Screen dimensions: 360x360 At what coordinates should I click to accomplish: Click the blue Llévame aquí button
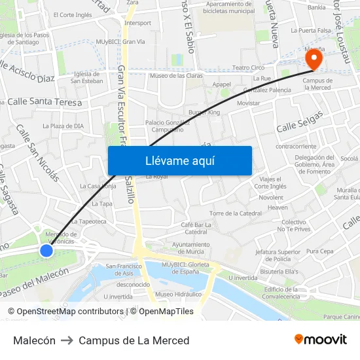point(179,160)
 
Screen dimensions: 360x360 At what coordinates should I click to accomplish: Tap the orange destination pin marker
point(314,60)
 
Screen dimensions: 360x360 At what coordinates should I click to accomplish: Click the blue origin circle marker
point(46,250)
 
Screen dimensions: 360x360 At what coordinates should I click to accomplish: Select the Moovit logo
point(320,340)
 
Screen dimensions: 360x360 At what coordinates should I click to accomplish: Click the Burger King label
point(205,113)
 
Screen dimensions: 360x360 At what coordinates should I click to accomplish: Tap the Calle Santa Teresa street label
point(45,102)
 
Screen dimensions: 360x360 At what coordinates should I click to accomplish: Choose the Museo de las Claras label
point(174,76)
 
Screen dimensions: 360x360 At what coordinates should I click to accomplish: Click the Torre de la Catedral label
point(236,213)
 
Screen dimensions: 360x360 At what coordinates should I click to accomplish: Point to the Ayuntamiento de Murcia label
point(181,248)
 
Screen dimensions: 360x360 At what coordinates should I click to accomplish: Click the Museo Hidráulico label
point(178,295)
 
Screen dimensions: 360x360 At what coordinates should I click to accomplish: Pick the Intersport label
point(137,23)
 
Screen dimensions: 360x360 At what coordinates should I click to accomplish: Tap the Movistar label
point(248,103)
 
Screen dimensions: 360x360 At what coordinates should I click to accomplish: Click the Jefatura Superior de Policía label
point(278,255)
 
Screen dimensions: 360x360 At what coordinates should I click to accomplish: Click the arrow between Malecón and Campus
point(67,340)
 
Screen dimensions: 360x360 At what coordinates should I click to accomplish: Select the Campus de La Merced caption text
point(134,340)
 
